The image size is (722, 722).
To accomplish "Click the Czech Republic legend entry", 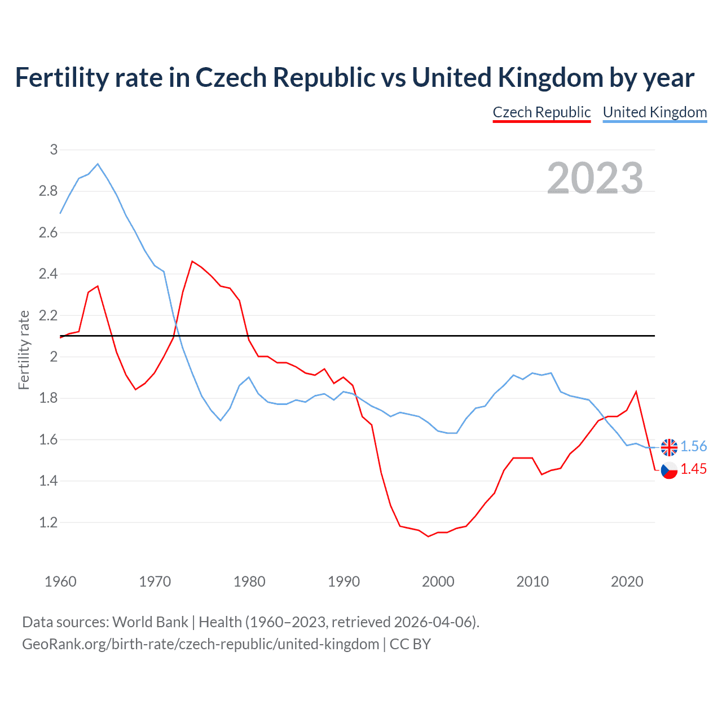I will click(541, 112).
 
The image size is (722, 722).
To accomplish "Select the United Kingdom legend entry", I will click(654, 112).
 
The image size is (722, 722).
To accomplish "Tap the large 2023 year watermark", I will click(595, 178).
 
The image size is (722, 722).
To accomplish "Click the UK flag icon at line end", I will click(669, 447).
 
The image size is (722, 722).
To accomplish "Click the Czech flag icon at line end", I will click(669, 470).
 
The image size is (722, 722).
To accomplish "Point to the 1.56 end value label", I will click(693, 446).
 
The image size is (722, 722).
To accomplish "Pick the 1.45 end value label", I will click(693, 469).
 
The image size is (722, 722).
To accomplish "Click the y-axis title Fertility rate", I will click(24, 350).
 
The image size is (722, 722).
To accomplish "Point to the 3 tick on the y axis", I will click(54, 149).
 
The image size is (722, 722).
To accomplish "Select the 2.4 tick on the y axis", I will click(49, 274).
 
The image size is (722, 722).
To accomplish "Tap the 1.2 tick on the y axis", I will click(49, 522).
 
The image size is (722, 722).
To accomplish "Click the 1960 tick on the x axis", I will click(60, 582).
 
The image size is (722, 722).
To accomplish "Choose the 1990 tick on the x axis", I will click(344, 582).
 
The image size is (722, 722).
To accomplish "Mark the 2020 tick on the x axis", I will click(627, 582).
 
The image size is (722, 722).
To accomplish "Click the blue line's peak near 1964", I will click(98, 164).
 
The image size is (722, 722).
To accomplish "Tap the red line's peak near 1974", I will click(192, 261).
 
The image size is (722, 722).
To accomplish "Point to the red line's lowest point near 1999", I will click(428, 536).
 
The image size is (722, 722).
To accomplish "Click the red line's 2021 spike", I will click(636, 391).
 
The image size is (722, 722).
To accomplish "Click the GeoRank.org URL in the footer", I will click(200, 644).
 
